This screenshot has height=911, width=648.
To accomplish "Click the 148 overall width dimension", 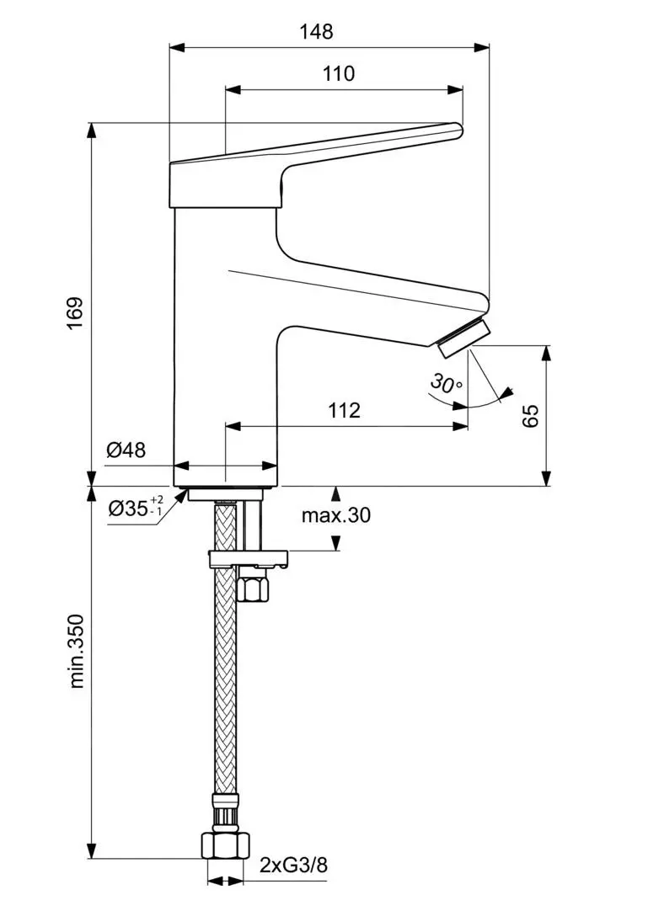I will pos(316,32).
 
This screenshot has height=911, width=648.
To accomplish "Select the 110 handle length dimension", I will pos(339,73).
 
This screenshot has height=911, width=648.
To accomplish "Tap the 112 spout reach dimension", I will pos(344,410).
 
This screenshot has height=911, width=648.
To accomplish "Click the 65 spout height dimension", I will pos(530,415).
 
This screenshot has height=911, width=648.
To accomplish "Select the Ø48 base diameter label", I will pos(126,450).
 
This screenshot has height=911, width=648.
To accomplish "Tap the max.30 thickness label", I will pos(336,515).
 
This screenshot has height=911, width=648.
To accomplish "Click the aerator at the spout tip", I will pos(463,333).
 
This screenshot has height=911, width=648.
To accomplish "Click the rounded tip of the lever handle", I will pos(458,130).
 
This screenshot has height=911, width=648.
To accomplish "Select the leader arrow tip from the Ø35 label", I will pos(185,493).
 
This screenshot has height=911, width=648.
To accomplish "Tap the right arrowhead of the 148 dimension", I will pos(484,47).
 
